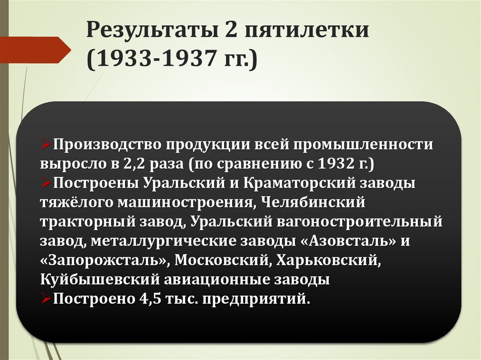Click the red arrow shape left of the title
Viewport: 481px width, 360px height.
point(35,49)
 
